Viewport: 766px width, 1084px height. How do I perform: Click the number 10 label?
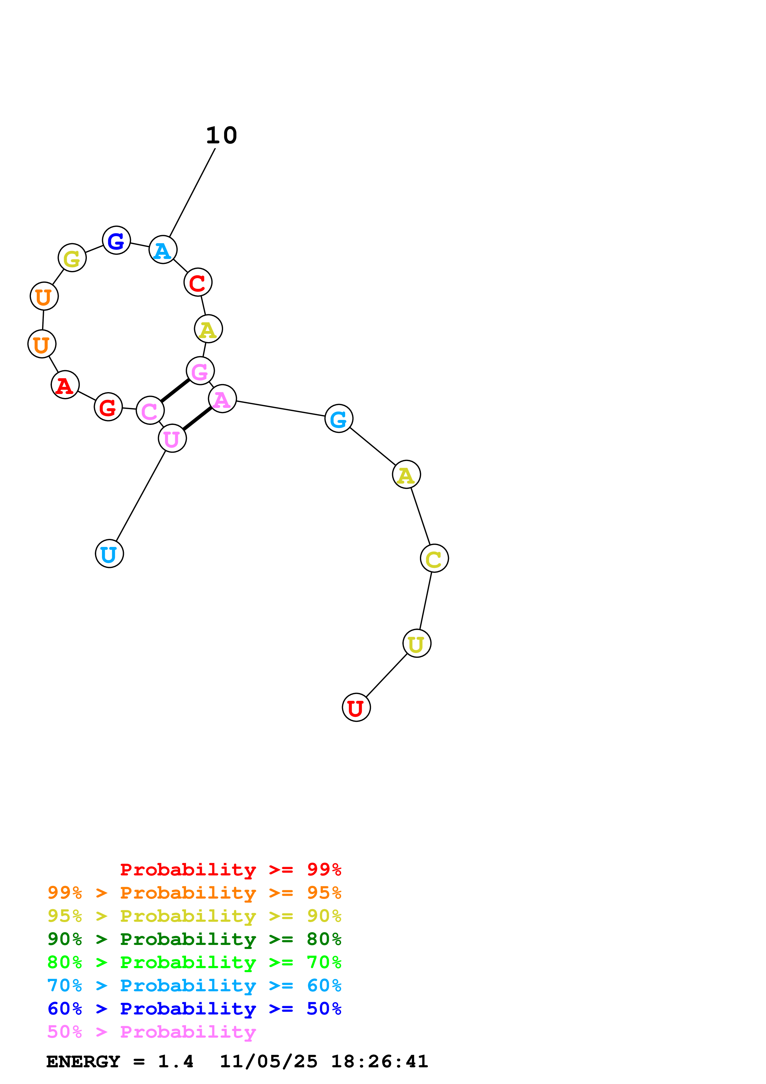tap(221, 136)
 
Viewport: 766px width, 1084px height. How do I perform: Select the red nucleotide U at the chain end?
tap(356, 707)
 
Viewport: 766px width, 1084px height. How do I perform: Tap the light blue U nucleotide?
tap(109, 553)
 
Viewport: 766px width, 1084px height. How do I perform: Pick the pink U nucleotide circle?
tap(172, 438)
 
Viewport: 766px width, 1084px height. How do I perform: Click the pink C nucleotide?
tap(150, 410)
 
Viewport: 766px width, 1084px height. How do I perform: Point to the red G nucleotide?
tap(108, 407)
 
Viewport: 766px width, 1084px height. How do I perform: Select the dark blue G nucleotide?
tap(116, 240)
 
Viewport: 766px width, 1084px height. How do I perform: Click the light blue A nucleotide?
tap(163, 250)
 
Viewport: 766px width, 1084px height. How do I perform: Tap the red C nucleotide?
tap(198, 282)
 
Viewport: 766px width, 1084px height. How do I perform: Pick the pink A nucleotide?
tap(222, 399)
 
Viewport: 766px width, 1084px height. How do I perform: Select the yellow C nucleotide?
tap(434, 558)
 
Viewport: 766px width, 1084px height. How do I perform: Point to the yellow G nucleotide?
tap(72, 258)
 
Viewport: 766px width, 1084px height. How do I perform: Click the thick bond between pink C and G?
tap(175, 391)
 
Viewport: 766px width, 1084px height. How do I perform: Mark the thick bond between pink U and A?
tap(197, 418)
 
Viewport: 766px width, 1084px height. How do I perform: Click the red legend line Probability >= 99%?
tap(230, 870)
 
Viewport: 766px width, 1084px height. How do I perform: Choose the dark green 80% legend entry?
tap(194, 939)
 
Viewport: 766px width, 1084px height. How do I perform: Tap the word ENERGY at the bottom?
tap(83, 1061)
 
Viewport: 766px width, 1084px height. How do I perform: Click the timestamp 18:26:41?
tap(379, 1061)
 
